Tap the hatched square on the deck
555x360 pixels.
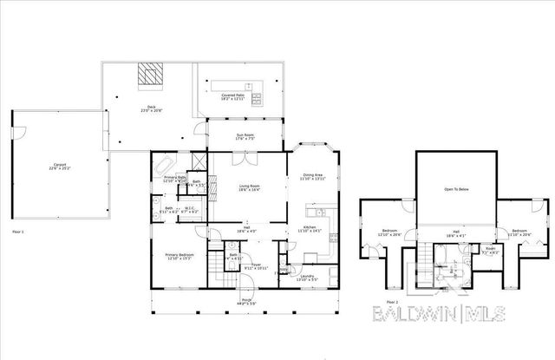pyautogui.click(x=152, y=75)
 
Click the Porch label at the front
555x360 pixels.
pyautogui.click(x=247, y=303)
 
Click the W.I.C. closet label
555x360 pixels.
pyautogui.click(x=189, y=209)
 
